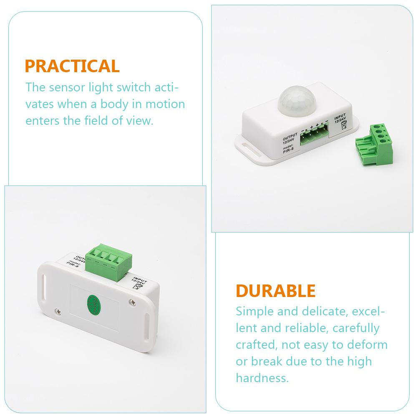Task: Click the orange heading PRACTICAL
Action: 72,66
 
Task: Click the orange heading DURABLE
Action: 275,291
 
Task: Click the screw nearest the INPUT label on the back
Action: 133,300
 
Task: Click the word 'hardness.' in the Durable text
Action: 262,378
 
